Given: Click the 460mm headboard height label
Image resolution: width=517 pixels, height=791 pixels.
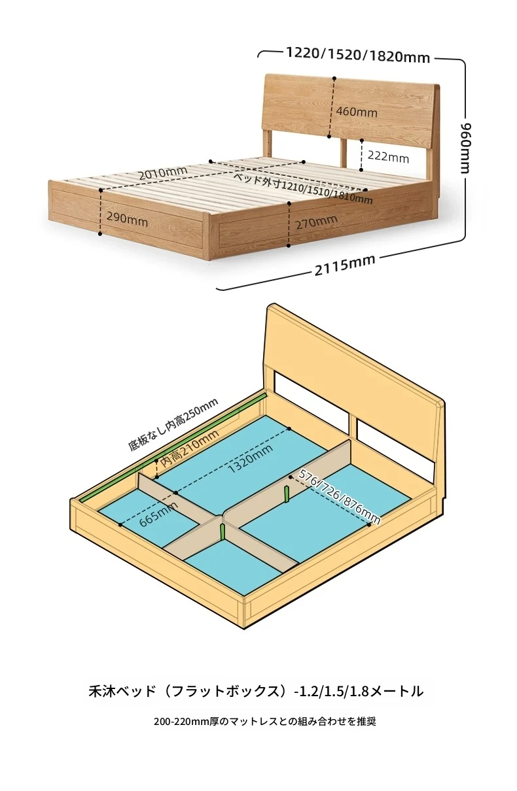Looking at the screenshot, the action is [357, 112].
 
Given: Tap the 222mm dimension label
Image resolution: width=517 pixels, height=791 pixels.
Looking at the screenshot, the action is [388, 156].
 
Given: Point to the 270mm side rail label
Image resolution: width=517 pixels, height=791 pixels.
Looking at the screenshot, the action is [316, 222].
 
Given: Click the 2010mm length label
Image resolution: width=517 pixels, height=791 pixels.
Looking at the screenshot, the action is [163, 173].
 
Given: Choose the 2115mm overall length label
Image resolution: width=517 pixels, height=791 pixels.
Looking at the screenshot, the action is [345, 265].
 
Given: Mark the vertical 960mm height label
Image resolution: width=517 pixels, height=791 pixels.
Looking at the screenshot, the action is [467, 148].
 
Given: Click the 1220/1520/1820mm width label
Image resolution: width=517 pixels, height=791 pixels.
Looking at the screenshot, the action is [357, 55].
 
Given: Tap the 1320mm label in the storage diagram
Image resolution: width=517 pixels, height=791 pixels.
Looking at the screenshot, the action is [250, 458].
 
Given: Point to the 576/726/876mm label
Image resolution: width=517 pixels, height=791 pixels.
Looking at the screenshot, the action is [340, 496].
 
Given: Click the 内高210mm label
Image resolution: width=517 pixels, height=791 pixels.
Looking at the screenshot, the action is [189, 448].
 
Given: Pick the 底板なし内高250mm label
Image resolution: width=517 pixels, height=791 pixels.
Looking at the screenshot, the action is [173, 425].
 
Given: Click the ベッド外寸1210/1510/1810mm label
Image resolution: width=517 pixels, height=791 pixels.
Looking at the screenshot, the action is [304, 189].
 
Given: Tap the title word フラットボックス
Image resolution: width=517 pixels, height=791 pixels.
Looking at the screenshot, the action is [224, 691].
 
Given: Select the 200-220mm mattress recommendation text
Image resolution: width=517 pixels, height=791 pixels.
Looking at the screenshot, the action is [265, 721].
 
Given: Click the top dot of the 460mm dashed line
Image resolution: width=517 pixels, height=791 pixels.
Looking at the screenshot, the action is [334, 78].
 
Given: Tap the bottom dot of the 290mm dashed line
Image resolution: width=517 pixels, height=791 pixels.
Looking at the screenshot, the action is [100, 234].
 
